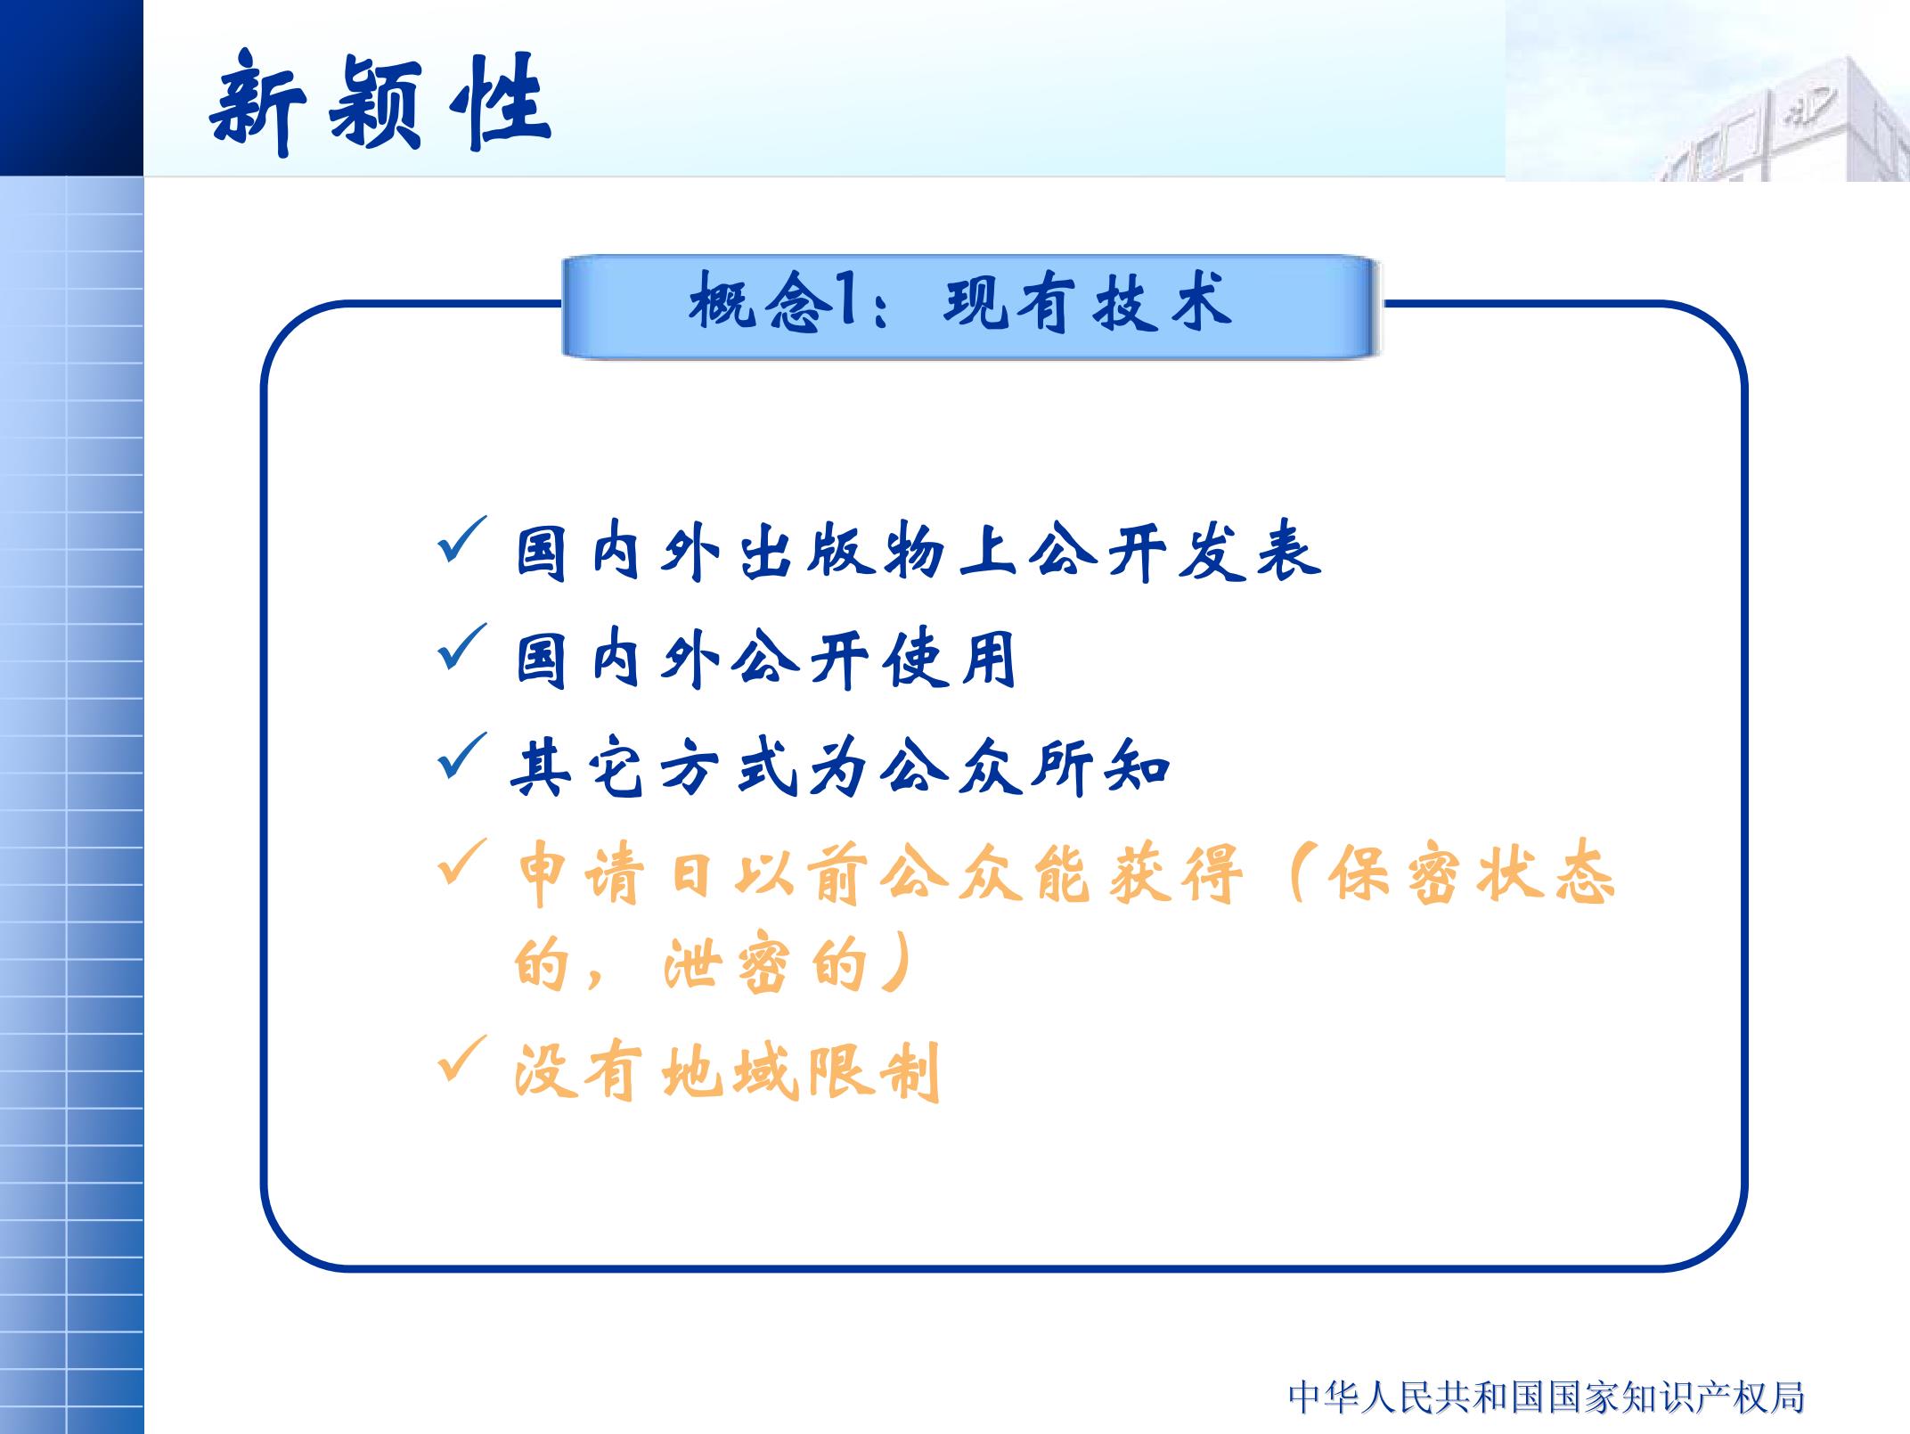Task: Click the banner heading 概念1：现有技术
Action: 960,303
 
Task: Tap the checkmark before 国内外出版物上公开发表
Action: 462,539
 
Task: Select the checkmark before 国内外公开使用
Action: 462,647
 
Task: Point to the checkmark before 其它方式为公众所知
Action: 462,755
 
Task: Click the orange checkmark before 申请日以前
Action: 462,862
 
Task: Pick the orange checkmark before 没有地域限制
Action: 462,1058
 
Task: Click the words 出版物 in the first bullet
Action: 842,553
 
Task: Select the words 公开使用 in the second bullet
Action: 874,660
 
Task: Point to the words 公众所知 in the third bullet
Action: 1025,768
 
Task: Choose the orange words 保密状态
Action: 1471,875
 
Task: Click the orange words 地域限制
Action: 800,1071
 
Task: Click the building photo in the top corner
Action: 1707,90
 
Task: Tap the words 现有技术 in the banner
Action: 1088,303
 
